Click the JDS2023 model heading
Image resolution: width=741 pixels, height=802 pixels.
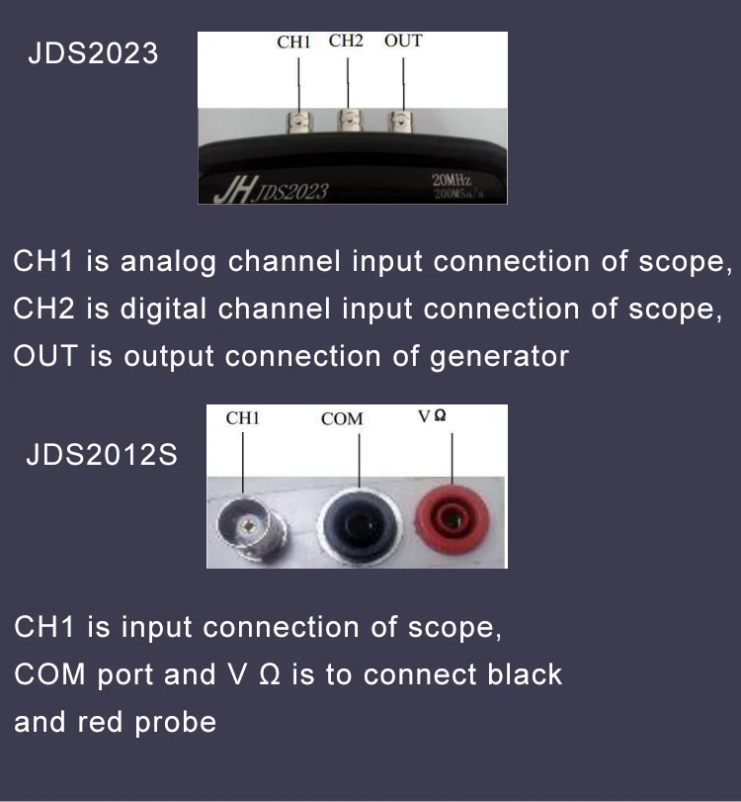point(92,53)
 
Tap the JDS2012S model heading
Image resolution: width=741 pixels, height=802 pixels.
point(102,457)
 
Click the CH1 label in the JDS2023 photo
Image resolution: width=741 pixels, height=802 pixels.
point(294,43)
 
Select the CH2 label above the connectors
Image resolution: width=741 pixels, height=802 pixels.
point(346,42)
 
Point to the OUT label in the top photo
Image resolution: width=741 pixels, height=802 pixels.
point(403,42)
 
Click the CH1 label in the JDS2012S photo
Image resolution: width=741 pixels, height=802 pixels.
point(242,418)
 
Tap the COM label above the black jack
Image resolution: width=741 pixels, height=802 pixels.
point(342,419)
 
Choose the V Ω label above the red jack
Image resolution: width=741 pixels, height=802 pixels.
point(432,417)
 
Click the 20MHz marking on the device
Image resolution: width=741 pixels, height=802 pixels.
point(453,179)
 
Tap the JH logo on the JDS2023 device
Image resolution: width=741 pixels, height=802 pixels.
point(235,188)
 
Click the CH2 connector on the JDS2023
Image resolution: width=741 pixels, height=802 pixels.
point(348,123)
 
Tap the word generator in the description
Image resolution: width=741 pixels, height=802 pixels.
point(499,357)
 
